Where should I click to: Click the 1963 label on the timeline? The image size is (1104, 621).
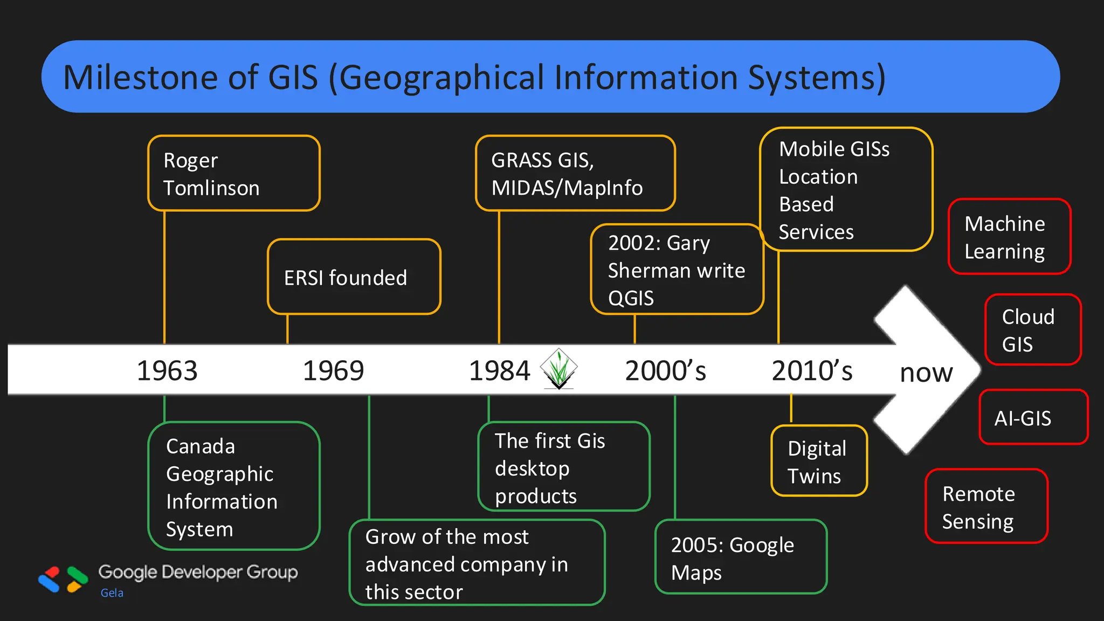167,371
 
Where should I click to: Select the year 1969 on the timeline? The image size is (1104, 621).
333,371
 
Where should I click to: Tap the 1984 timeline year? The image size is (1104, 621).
499,371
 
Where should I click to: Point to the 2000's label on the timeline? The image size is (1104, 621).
665,371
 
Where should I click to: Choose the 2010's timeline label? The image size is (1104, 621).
812,371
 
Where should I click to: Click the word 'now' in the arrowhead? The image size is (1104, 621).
926,372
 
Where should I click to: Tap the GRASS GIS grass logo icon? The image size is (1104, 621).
559,369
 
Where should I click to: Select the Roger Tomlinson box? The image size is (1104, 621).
234,174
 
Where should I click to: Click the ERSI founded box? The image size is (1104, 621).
354,277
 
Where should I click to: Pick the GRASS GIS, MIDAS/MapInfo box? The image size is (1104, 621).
575,174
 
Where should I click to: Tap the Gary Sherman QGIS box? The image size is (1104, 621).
677,270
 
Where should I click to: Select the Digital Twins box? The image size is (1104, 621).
819,461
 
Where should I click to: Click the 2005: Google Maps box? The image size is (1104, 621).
741,557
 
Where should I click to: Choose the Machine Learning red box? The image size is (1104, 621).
1009,237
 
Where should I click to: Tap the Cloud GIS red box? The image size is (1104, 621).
1033,330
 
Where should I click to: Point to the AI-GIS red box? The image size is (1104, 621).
1033,418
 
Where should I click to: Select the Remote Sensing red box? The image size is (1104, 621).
986,507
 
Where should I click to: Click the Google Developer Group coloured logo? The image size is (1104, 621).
63,579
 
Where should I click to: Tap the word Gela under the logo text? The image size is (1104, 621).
112,593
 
